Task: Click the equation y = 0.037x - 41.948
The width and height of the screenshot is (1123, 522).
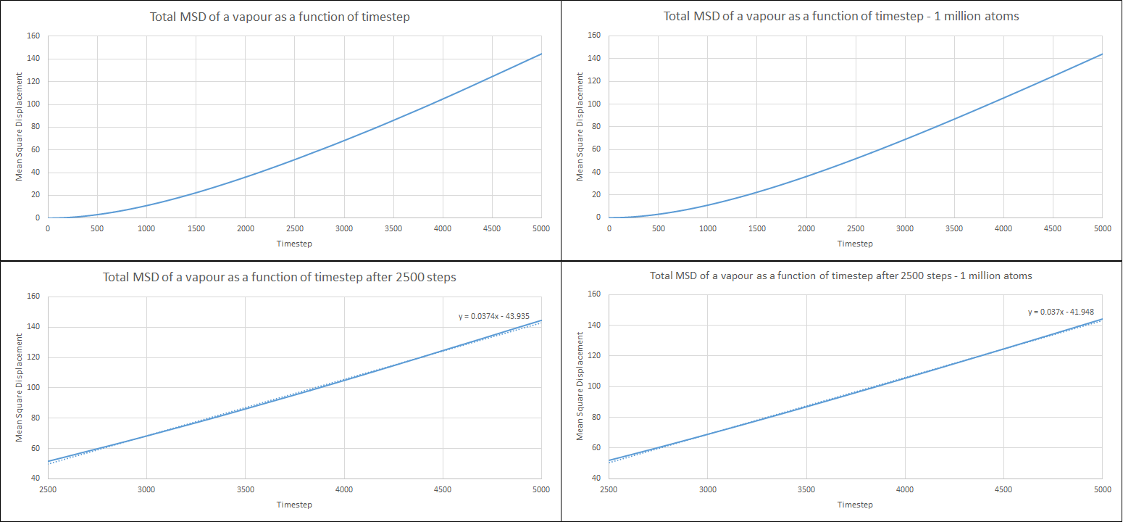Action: click(1061, 312)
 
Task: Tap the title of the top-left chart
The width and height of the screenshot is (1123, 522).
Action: click(280, 17)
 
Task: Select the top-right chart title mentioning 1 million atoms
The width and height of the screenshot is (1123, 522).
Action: click(841, 17)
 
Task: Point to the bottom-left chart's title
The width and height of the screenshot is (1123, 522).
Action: click(280, 277)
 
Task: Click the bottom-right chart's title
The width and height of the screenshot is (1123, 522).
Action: click(841, 276)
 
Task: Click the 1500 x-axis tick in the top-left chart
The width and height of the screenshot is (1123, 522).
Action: click(196, 229)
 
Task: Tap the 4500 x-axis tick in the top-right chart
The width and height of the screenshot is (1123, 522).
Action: click(1053, 229)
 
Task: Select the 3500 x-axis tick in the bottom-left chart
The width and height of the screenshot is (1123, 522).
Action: click(246, 490)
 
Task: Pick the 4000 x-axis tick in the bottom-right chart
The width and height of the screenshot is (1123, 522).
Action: click(905, 490)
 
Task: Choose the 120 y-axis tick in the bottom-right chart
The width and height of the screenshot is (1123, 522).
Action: click(596, 355)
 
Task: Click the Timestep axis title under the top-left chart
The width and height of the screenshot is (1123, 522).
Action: click(294, 244)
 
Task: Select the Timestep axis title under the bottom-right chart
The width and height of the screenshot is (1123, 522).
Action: click(855, 505)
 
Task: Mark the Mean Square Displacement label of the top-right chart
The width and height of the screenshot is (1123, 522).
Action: click(580, 126)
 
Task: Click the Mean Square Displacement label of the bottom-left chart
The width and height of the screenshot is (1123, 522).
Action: click(20, 387)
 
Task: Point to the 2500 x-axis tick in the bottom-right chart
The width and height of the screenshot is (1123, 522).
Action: click(609, 490)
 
